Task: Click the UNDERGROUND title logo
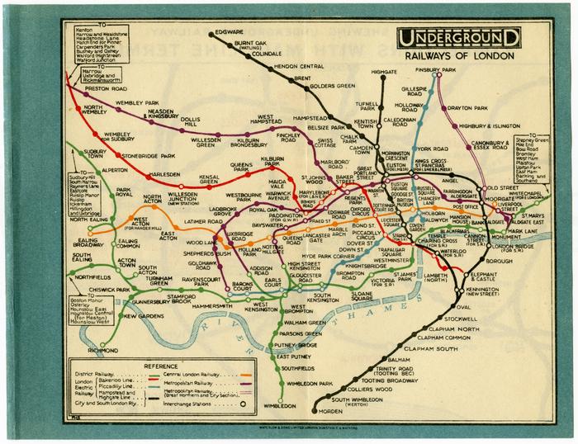pos(459,38)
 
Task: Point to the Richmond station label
pos(102,350)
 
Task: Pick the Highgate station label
pos(385,73)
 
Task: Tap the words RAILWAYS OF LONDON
pos(458,58)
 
